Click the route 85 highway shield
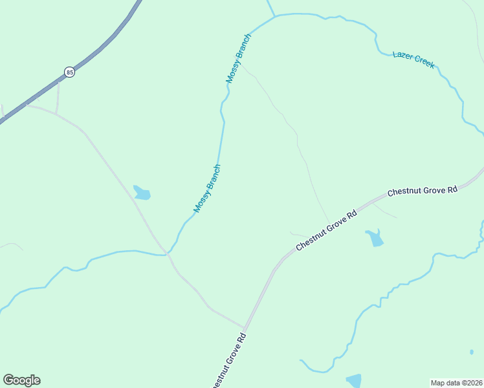[70, 72]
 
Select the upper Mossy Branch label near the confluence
[238, 58]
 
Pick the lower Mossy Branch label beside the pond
[208, 189]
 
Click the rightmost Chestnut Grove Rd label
[423, 191]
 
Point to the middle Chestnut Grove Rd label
[327, 231]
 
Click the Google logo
[21, 380]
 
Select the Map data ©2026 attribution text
[457, 382]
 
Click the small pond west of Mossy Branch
[142, 193]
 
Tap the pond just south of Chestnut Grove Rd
[374, 238]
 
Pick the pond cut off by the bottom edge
[353, 380]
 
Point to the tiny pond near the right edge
[472, 352]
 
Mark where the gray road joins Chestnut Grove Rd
[245, 329]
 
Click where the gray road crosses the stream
[167, 254]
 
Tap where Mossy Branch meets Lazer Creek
[274, 16]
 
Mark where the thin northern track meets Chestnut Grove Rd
[329, 222]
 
